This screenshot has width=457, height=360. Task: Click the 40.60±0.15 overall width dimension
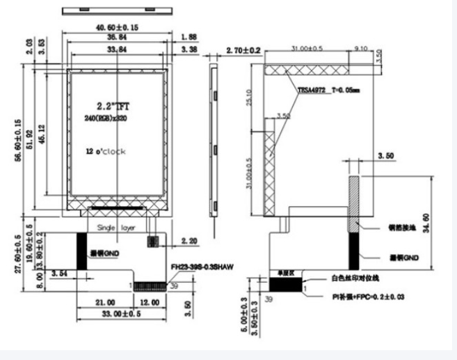tap(118, 26)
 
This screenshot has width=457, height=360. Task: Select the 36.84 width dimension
tap(118, 38)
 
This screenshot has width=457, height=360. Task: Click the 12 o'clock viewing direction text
tap(106, 151)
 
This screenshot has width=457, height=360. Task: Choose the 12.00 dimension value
tap(149, 302)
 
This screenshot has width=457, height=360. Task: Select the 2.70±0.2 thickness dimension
tap(243, 51)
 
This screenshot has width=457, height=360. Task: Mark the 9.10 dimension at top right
tap(362, 49)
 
